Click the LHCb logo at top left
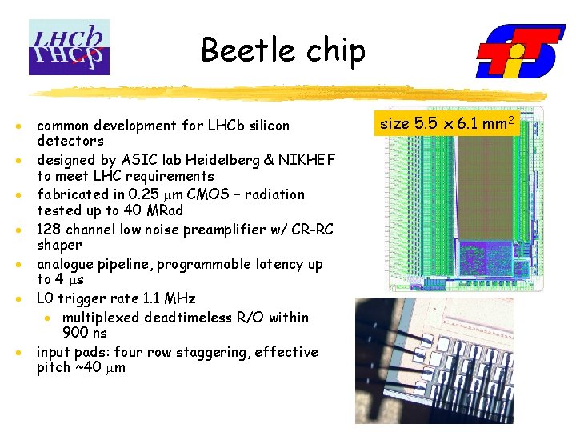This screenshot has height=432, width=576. [x=69, y=47]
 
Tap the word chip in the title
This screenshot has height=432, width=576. [x=333, y=51]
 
